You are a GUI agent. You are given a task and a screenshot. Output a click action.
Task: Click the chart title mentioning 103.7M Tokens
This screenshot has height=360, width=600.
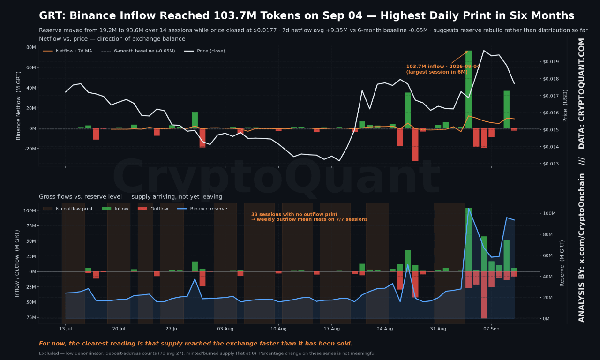(307, 15)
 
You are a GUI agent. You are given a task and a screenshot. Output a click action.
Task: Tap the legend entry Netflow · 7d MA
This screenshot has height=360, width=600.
(67, 51)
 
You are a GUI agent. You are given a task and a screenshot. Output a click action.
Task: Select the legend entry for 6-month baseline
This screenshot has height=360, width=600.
(138, 51)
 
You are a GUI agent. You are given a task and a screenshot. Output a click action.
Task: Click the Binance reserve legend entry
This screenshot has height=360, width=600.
(202, 209)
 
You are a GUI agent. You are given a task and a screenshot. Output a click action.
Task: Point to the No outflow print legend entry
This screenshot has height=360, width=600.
(68, 209)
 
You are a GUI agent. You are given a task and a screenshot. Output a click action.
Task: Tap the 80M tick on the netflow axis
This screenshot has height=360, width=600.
(31, 47)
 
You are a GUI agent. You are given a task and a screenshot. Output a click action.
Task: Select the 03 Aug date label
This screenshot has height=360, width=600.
(225, 329)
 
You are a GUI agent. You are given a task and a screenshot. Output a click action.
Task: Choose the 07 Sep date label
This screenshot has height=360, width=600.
(491, 329)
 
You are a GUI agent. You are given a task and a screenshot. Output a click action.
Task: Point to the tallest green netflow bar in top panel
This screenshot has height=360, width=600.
(468, 90)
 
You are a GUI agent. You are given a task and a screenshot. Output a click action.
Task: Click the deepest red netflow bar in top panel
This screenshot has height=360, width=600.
(415, 145)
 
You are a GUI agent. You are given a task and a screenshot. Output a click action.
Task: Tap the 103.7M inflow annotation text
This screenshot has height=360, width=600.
(443, 69)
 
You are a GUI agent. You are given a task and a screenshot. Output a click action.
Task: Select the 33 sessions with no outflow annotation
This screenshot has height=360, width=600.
(309, 217)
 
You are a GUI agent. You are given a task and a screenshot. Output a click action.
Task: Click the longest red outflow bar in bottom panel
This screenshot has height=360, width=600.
(484, 295)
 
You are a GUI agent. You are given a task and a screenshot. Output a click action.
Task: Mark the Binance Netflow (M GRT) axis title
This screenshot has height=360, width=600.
(18, 105)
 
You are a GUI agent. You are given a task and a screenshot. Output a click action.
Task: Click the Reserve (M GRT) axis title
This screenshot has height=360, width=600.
(562, 263)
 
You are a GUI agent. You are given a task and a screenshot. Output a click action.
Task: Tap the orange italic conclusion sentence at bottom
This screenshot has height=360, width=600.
(196, 344)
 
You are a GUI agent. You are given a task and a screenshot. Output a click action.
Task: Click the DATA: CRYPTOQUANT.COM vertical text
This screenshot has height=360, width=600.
(581, 93)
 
